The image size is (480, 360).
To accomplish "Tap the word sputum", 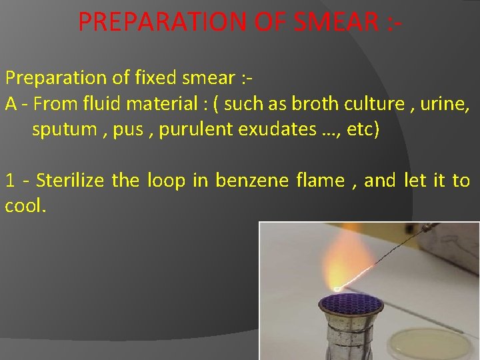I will (x=64, y=129).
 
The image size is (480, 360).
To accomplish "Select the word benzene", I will (x=252, y=181).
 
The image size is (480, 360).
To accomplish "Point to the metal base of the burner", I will (x=353, y=340).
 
